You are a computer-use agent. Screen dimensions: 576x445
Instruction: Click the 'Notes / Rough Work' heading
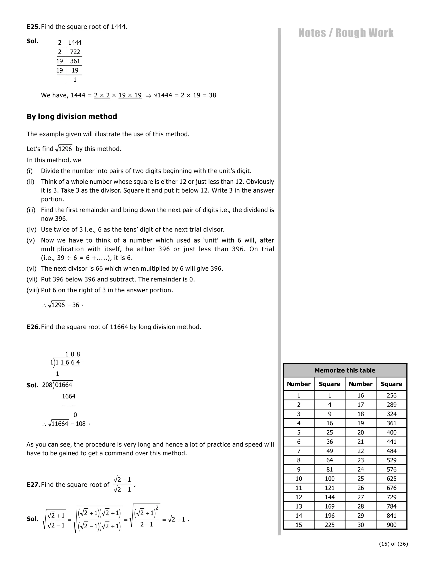tap(346, 33)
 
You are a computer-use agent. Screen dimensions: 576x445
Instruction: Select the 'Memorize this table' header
tap(345, 370)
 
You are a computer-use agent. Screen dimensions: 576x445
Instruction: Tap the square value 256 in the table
tap(391, 395)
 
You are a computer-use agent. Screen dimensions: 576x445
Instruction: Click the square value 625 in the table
tap(391, 478)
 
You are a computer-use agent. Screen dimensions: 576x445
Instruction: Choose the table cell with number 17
tap(360, 405)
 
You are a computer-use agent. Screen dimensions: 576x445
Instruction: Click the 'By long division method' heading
tap(72, 117)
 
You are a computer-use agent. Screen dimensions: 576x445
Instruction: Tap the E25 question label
tap(33, 27)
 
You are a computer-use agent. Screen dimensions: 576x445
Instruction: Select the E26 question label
tap(33, 327)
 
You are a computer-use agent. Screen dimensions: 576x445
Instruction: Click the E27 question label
tap(33, 485)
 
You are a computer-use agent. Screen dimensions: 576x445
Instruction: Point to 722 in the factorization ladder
tap(75, 52)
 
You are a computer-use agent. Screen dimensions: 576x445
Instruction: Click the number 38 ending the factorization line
tap(212, 95)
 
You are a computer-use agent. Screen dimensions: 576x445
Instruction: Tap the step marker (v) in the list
tap(31, 240)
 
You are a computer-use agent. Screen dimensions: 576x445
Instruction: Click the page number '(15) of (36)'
tap(393, 544)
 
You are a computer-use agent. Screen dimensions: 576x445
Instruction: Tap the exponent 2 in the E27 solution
tap(157, 508)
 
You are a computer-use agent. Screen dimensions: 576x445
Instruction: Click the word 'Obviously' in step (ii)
tap(260, 182)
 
